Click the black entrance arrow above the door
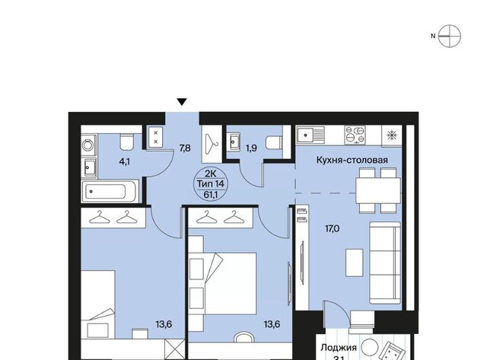182,102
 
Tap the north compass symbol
449,36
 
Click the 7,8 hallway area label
185,148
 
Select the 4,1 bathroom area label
125,161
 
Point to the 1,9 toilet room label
251,148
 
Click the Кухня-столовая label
352,160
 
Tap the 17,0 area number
332,229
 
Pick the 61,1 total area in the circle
211,194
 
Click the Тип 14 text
211,183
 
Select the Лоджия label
339,347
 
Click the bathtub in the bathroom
109,191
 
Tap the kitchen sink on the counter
310,135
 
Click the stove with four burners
355,135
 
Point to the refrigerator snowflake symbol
392,135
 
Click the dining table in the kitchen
378,190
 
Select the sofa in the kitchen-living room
385,263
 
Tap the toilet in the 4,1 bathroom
126,142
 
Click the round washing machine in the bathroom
88,145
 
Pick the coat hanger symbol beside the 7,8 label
212,144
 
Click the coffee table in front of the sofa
355,263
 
